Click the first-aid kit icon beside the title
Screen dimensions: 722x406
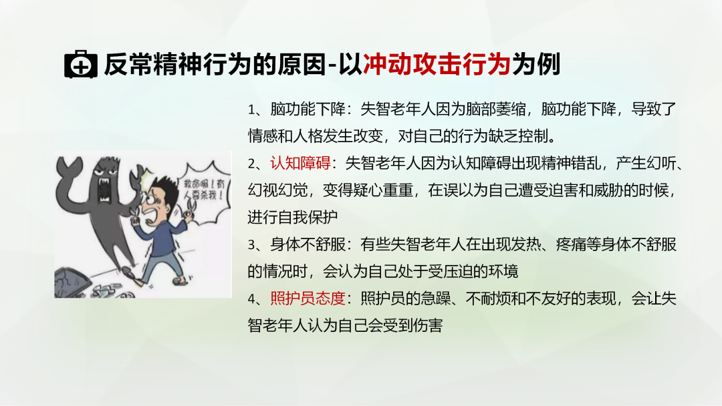(81, 64)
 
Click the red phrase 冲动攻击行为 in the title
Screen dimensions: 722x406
(437, 64)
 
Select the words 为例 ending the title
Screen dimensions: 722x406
(536, 64)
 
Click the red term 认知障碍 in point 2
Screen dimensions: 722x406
(300, 163)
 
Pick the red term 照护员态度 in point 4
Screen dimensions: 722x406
(308, 298)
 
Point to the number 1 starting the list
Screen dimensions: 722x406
(251, 110)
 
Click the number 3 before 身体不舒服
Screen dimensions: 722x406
(251, 244)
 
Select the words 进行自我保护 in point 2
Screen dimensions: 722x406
(293, 217)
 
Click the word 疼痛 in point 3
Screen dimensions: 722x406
(571, 244)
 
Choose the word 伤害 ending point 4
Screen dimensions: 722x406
(428, 326)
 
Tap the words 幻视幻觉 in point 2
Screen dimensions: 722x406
(277, 190)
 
